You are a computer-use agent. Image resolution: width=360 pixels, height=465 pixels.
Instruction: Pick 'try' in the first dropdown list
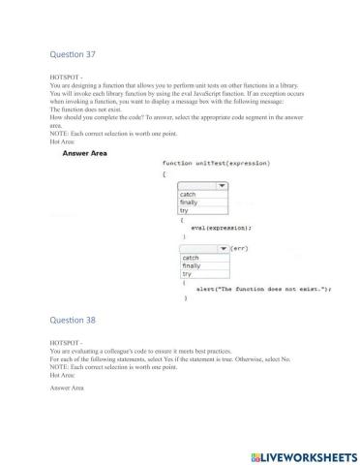185,210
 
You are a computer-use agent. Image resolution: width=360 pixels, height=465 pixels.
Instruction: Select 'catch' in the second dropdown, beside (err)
190,258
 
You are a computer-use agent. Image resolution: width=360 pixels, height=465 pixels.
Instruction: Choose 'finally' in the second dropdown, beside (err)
191,265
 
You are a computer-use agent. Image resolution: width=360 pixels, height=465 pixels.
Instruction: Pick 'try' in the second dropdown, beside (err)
187,274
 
